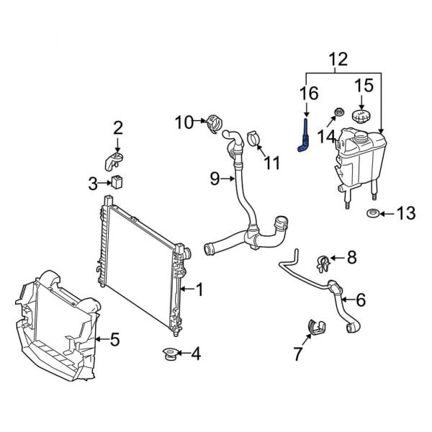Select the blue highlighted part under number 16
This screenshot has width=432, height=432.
(304, 142)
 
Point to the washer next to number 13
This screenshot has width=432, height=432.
(372, 213)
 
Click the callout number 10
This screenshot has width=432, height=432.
(184, 122)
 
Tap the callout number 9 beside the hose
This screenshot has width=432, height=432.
(215, 179)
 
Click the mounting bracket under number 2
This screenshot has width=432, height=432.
(115, 161)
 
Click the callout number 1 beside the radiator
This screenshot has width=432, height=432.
(199, 290)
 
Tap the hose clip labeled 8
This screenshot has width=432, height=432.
(323, 258)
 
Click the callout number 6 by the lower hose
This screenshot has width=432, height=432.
(360, 299)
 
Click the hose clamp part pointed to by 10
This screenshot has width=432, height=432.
(214, 123)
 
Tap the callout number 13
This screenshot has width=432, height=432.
(405, 213)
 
